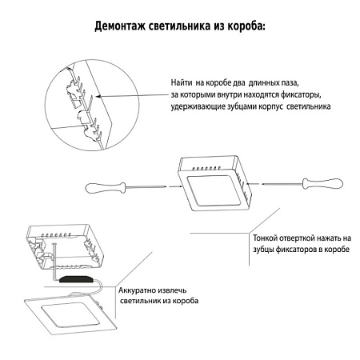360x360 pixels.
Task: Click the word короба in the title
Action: tap(241, 26)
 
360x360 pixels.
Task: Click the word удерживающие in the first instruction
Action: tap(196, 106)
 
